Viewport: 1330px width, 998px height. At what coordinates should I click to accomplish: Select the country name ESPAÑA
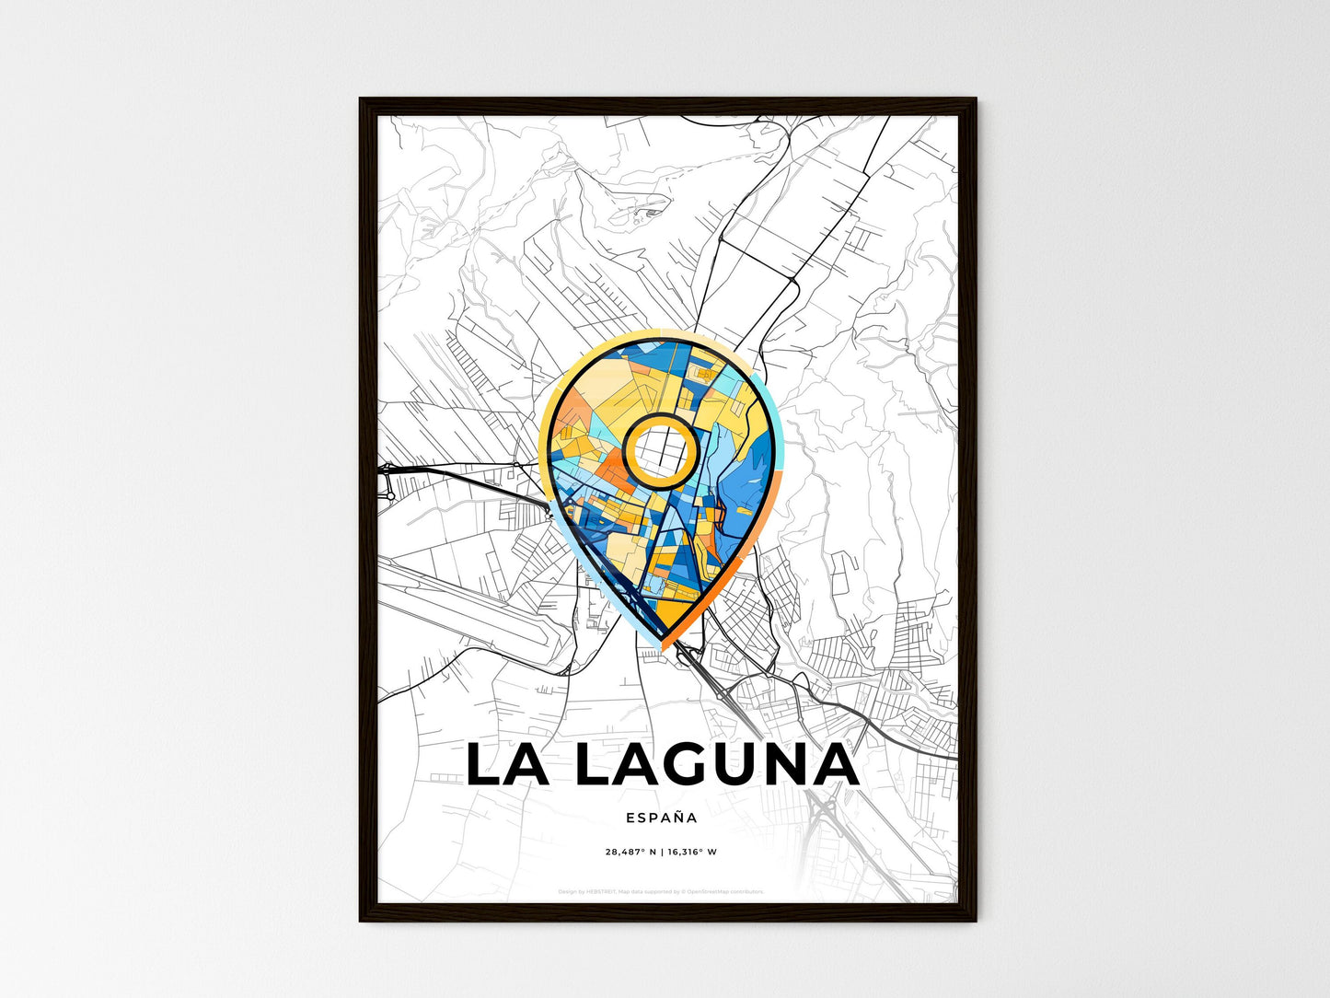point(661,817)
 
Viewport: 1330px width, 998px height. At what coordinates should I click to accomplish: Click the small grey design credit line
point(661,891)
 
